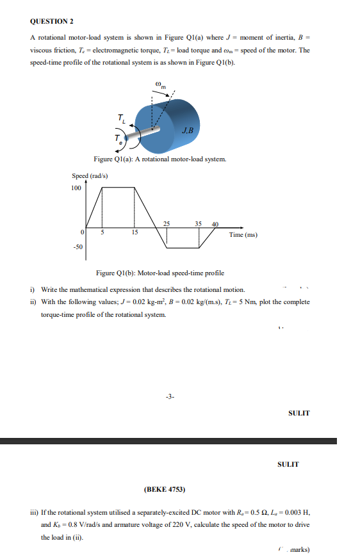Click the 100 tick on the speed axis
[x=76, y=188]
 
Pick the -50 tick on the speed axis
[x=78, y=246]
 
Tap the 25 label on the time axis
[x=167, y=224]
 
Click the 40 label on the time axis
[x=215, y=224]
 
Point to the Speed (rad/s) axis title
[x=90, y=175]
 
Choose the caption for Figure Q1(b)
[x=160, y=273]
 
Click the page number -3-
[x=168, y=397]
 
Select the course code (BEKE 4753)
[x=165, y=490]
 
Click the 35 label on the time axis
[x=199, y=224]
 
